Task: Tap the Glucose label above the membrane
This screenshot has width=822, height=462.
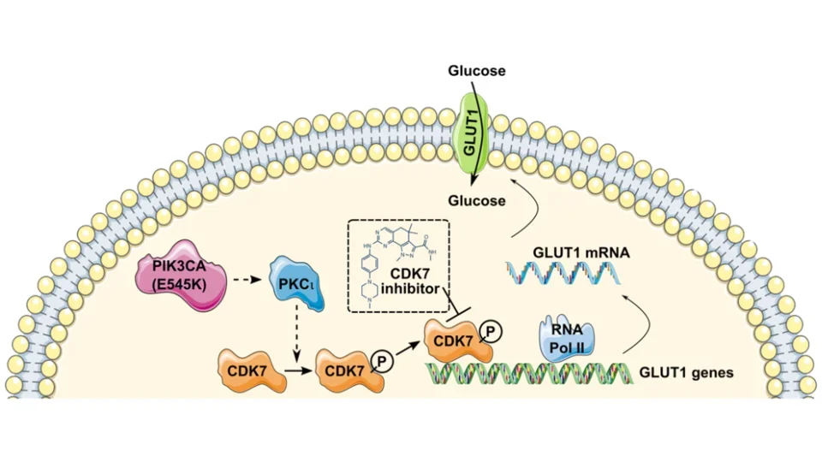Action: [x=476, y=71]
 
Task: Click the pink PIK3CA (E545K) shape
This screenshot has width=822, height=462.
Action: [x=181, y=279]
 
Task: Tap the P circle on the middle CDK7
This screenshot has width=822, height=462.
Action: [x=382, y=361]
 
